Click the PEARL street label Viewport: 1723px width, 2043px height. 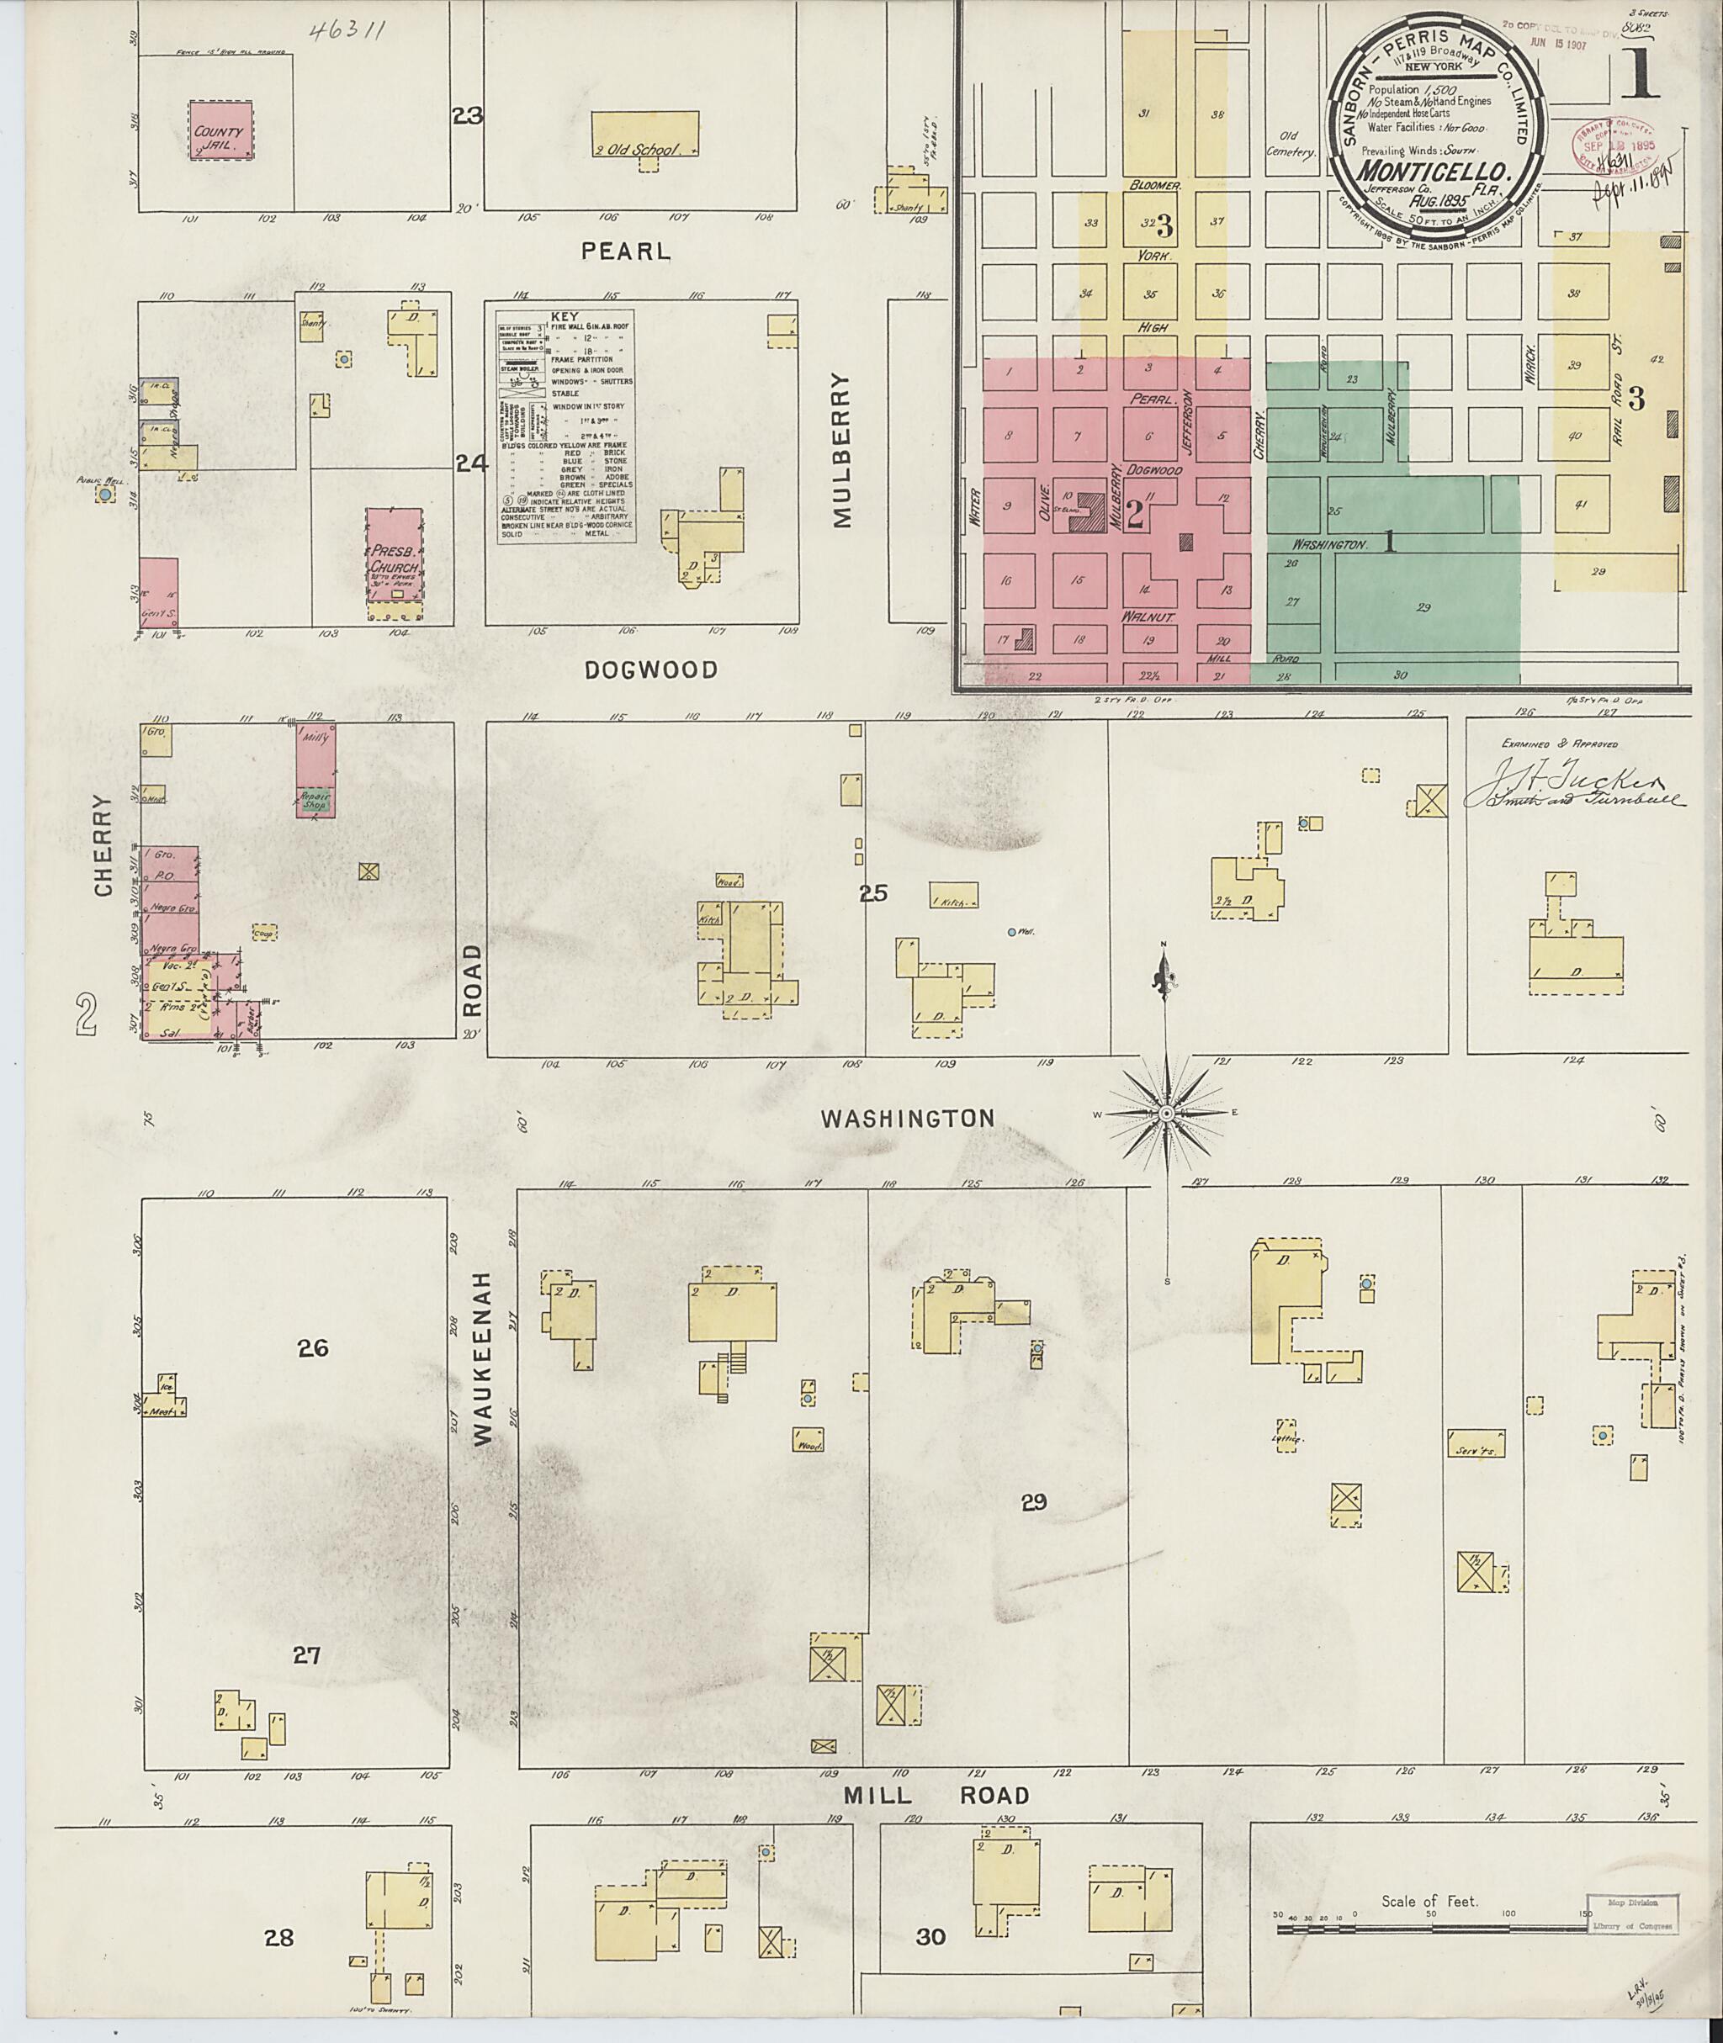pyautogui.click(x=625, y=251)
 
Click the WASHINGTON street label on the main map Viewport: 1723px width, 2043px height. pyautogui.click(x=908, y=1118)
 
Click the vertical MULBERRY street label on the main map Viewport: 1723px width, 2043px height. pyautogui.click(x=842, y=450)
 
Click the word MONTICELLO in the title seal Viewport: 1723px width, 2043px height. pyautogui.click(x=1433, y=165)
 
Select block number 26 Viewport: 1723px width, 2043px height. pyautogui.click(x=314, y=1348)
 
